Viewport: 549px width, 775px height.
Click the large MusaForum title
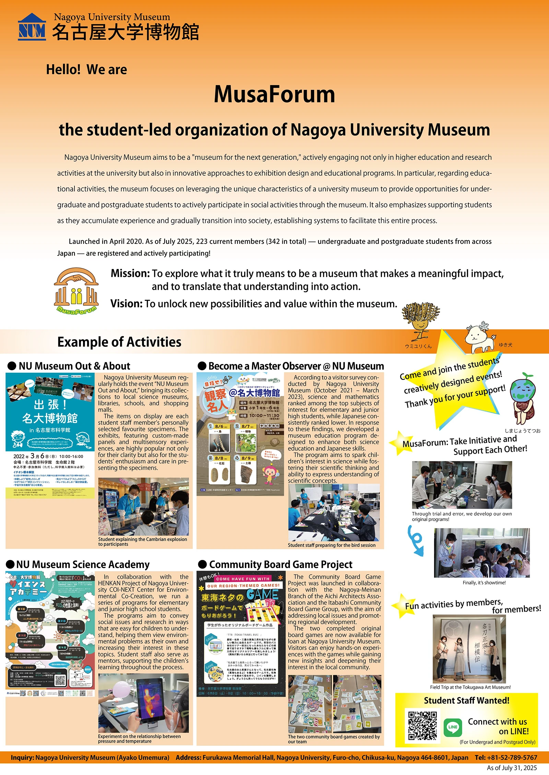274,94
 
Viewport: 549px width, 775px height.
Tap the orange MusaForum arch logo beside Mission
76,290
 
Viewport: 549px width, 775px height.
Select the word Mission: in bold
130,273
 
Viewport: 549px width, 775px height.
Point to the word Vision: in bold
126,304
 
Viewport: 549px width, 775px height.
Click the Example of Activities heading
119,342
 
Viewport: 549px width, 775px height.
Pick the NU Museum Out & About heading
74,366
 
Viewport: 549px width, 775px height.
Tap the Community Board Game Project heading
280,564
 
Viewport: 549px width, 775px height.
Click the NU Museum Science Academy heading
83,564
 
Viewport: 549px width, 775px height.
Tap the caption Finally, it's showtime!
484,583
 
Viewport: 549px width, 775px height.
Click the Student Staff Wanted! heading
466,701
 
